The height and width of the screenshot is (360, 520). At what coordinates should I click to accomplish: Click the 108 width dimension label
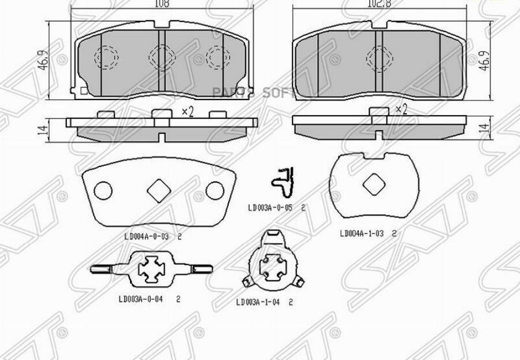[162, 4]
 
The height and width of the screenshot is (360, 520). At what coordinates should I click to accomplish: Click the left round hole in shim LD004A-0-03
[103, 190]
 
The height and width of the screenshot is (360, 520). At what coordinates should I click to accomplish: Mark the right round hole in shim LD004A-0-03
[214, 190]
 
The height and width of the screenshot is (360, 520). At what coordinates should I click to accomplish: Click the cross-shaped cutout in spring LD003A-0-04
[153, 268]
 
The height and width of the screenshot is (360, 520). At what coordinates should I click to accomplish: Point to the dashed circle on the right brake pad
[378, 56]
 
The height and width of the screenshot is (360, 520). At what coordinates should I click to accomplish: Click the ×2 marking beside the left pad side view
[187, 112]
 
